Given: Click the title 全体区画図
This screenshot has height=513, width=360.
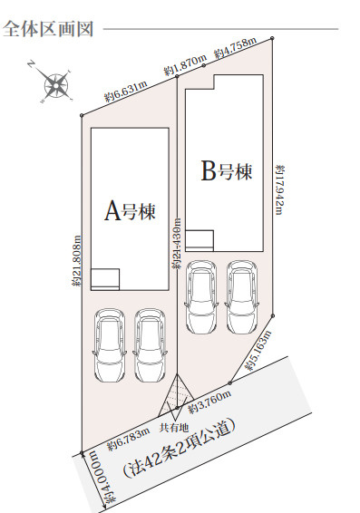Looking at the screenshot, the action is [48, 29].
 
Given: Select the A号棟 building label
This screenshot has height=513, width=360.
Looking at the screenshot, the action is [130, 212].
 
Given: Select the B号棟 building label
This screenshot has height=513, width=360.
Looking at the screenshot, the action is [227, 172].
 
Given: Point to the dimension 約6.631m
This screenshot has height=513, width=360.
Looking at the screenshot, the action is [126, 92].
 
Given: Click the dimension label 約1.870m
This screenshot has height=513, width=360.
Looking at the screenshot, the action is [186, 64].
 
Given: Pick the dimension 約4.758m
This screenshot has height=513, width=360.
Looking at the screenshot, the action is [235, 48].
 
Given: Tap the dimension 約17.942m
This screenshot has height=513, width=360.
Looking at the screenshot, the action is [280, 189].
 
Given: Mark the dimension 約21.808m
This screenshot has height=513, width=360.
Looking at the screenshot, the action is [76, 261].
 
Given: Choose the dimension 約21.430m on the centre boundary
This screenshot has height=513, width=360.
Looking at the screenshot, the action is [177, 243].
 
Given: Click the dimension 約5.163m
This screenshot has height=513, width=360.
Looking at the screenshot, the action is [258, 350].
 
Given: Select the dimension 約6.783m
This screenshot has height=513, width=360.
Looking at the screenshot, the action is [129, 439].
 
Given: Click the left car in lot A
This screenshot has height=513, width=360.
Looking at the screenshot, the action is [109, 345].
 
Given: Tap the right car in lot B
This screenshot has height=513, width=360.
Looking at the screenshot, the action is [242, 296].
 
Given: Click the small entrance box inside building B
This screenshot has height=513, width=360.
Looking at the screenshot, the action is [199, 240].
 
